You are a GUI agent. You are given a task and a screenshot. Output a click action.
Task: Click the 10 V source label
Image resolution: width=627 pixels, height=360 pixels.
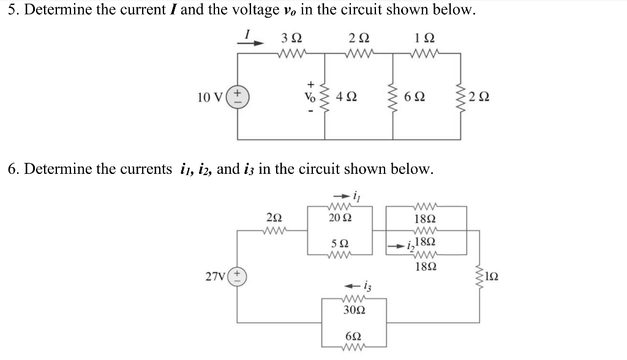(210, 97)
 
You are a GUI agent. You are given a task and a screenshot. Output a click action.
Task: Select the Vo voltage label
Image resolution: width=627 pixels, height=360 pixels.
(310, 97)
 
